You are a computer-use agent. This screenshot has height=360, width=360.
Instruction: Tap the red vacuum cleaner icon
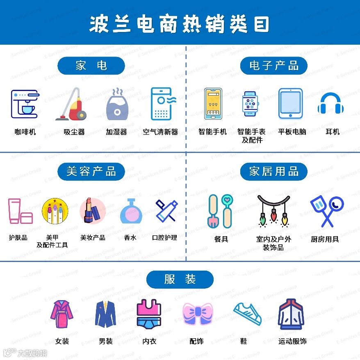pos(73,105)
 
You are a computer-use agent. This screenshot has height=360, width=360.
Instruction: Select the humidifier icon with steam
pos(117,104)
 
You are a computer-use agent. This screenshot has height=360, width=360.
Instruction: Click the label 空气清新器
pos(160,132)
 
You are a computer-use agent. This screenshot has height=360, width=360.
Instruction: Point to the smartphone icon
pos(213,104)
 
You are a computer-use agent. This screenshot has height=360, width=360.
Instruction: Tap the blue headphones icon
pos(330,104)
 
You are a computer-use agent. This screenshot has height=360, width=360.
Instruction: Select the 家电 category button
pos(91,66)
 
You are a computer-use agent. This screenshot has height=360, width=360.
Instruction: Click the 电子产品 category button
pos(273,66)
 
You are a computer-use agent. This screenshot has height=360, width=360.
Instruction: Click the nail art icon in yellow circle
pos(55,211)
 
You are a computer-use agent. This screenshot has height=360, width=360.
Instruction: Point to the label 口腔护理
pos(164,237)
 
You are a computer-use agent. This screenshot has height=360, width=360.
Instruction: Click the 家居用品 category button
pos(273,171)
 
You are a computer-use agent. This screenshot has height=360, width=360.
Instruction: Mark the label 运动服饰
pos(292,341)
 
